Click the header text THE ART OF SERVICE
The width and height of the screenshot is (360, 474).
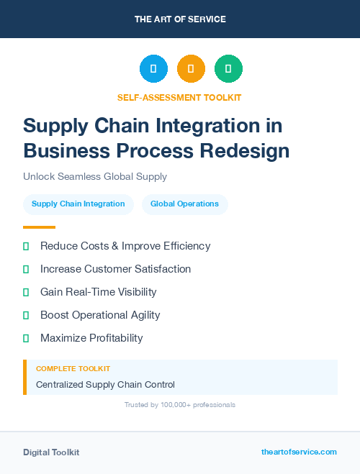[180, 19]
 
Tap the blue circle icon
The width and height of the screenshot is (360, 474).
[153, 69]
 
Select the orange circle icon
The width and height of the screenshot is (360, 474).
[191, 69]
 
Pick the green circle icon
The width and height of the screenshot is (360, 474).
[228, 69]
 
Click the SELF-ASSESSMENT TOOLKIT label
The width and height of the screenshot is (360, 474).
[179, 97]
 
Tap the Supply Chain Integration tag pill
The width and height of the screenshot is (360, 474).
[78, 204]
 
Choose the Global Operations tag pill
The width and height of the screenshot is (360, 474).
[184, 204]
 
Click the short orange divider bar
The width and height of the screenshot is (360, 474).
[39, 227]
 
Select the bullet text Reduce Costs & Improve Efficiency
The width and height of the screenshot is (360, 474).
[125, 246]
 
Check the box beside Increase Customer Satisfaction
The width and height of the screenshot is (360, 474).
[26, 269]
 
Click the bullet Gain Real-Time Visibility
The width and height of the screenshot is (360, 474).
[98, 292]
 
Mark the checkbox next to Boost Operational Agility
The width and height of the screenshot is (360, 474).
[26, 315]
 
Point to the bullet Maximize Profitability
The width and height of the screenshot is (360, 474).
[91, 338]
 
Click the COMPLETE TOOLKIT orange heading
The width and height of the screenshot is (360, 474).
[73, 368]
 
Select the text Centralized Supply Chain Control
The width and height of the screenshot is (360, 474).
[105, 385]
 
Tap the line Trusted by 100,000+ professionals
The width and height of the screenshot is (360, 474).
[180, 405]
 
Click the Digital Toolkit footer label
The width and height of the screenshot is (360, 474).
[51, 452]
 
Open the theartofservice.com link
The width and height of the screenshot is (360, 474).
[299, 452]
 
